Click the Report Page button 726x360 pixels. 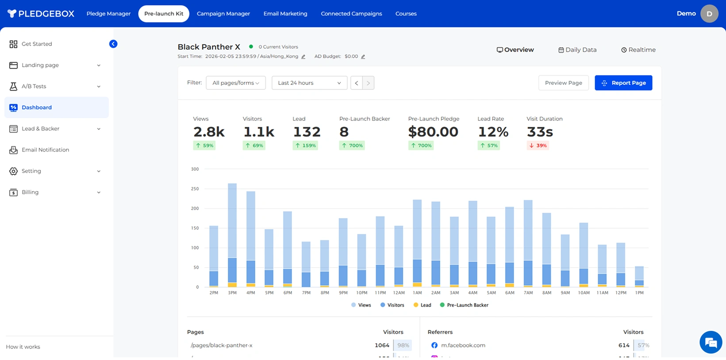click(x=623, y=83)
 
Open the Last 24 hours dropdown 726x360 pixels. click(x=309, y=83)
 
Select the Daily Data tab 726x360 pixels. click(x=577, y=50)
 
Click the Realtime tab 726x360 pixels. click(x=638, y=50)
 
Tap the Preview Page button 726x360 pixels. click(x=563, y=83)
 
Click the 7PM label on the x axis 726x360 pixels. click(x=306, y=293)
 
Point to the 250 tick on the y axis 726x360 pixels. click(x=195, y=189)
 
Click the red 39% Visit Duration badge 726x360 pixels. click(x=538, y=146)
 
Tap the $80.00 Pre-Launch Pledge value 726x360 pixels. click(x=433, y=132)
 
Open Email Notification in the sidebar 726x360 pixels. click(x=45, y=150)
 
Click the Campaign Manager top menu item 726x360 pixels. click(x=223, y=14)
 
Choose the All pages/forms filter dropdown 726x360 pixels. click(x=235, y=83)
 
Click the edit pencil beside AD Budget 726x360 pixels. click(x=363, y=57)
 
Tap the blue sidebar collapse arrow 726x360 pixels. click(x=113, y=44)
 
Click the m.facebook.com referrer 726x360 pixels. click(x=463, y=345)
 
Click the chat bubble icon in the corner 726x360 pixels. click(x=711, y=342)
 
